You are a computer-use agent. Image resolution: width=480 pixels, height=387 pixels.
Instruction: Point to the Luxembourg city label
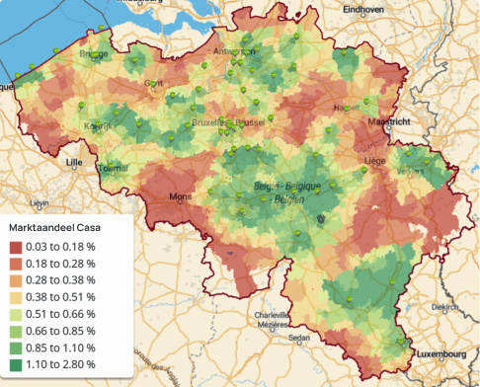(x=440, y=352)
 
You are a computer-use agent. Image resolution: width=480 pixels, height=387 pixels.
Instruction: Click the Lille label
(x=73, y=160)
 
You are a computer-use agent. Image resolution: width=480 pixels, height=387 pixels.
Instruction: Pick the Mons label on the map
(x=182, y=196)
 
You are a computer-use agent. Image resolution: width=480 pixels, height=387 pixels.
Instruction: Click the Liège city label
(x=374, y=158)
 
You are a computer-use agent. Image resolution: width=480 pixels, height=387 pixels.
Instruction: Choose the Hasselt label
(x=347, y=107)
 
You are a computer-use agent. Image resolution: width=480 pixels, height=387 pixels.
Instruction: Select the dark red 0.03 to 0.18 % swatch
(x=18, y=247)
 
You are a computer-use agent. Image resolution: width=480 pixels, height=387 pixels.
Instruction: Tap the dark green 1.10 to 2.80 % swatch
(x=18, y=364)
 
